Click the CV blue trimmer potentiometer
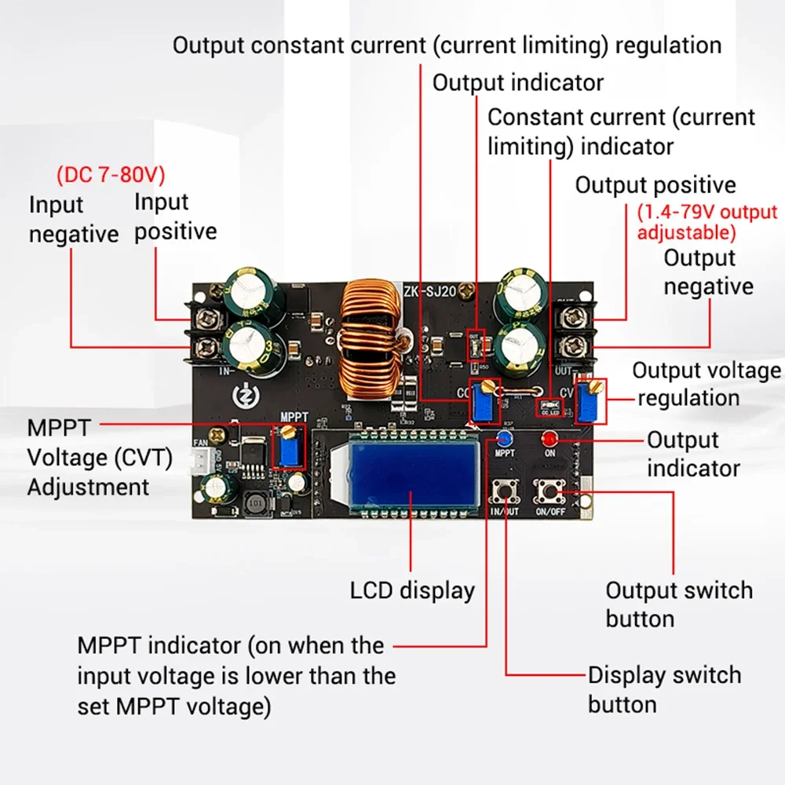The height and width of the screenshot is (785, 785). [591, 400]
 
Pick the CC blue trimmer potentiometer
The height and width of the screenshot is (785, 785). [484, 401]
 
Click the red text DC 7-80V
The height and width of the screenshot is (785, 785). [111, 175]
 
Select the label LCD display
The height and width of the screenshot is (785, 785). [412, 590]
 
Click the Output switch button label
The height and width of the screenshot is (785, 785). [678, 604]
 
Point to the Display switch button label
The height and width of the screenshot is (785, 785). [663, 689]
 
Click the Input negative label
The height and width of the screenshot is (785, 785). [73, 220]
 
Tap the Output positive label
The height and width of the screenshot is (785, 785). [655, 185]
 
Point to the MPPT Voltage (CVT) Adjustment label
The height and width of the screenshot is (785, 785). [99, 458]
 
